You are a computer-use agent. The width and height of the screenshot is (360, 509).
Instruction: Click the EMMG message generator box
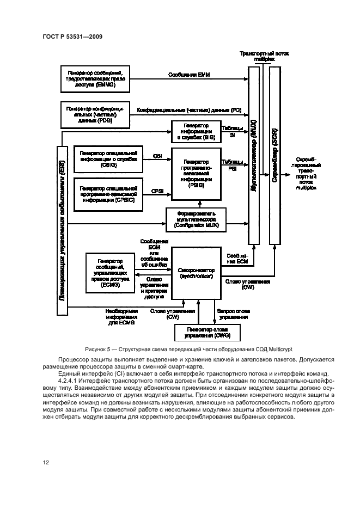click(x=95, y=79)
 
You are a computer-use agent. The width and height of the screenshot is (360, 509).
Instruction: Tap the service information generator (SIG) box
click(x=196, y=132)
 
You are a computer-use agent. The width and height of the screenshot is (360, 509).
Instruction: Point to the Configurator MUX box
click(x=196, y=218)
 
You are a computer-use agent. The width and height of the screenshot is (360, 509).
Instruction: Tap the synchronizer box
click(x=196, y=273)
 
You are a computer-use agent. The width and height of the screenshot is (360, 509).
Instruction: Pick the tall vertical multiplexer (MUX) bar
click(x=254, y=155)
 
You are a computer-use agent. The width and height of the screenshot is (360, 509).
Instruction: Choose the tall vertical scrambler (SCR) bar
click(x=275, y=155)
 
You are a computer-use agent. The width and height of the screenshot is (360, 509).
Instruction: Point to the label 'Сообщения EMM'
click(x=185, y=74)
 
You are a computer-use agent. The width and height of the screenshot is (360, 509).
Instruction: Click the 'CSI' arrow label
click(x=157, y=156)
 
